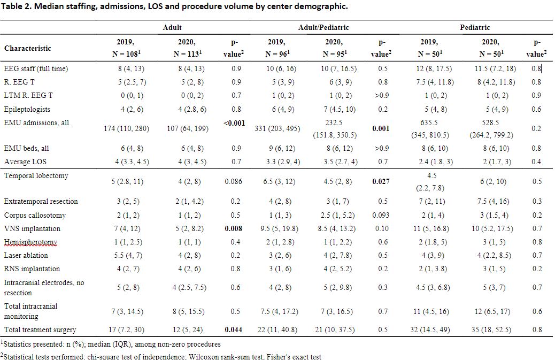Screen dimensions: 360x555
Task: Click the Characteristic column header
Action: [x=28, y=48]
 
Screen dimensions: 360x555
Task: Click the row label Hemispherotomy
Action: [x=30, y=242]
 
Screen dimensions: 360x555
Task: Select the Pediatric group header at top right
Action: [x=475, y=27]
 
